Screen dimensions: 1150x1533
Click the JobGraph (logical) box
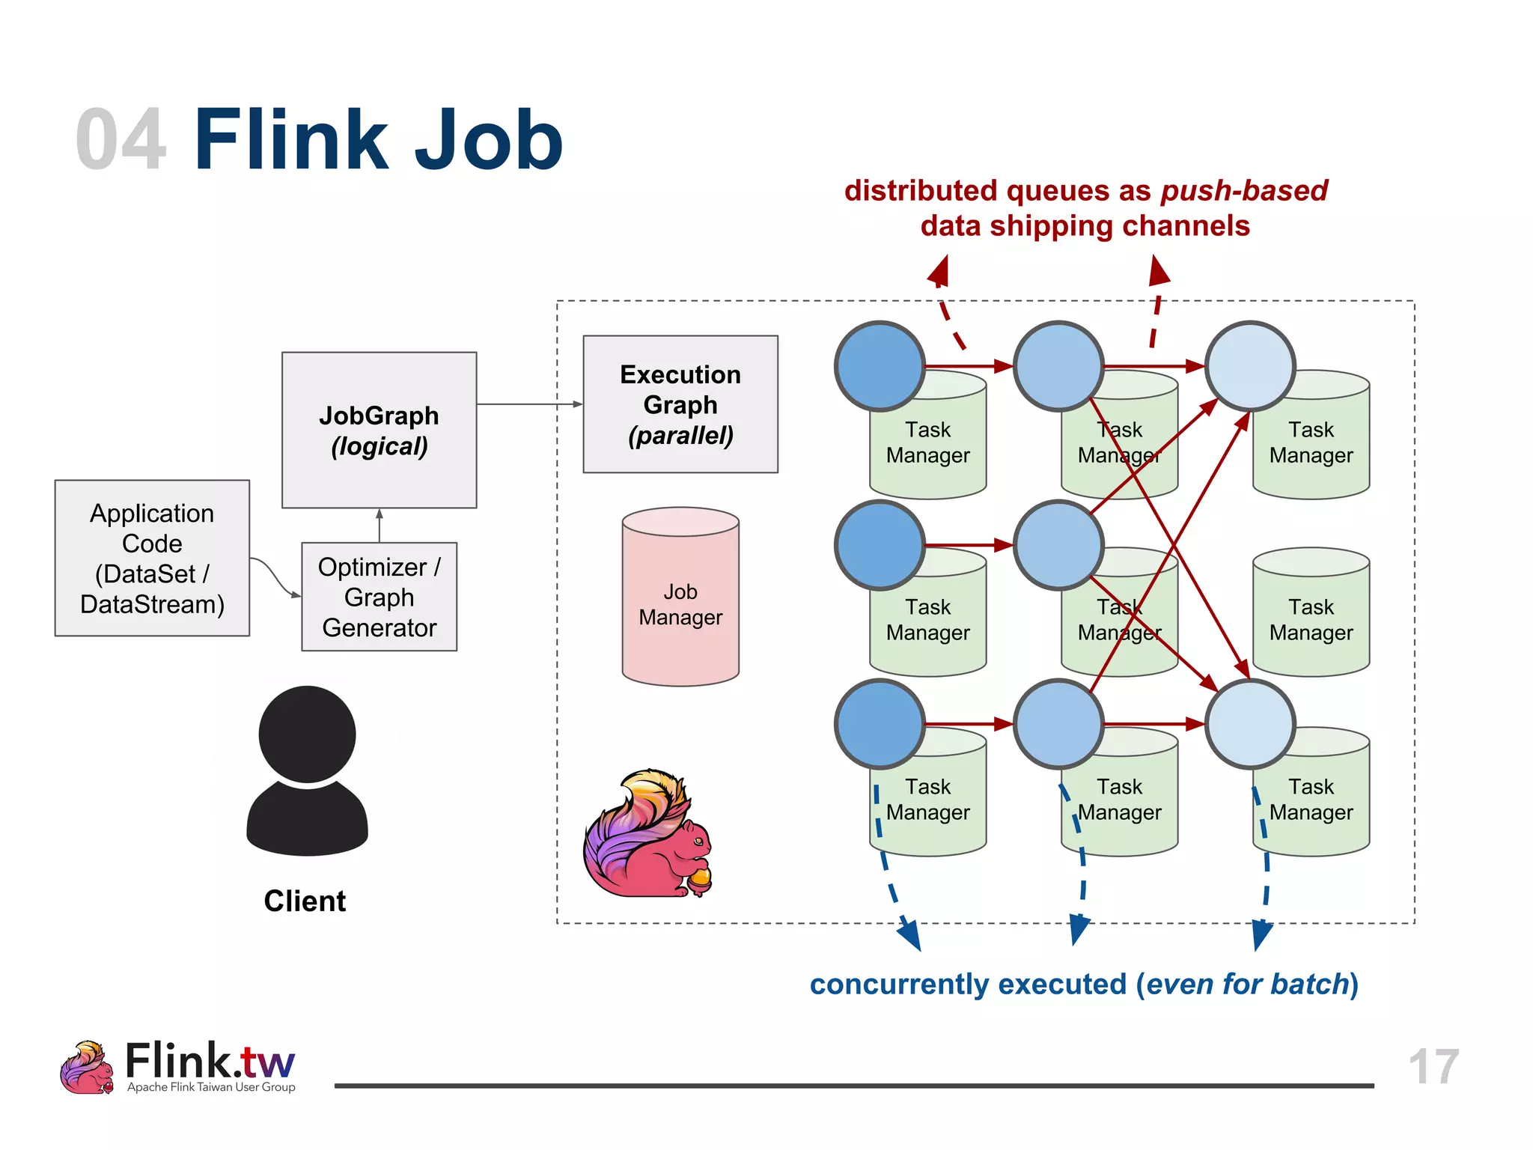(379, 430)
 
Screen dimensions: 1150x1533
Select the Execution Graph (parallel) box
(680, 404)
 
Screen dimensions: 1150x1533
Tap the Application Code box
(152, 558)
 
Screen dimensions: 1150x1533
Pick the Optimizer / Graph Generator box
(379, 597)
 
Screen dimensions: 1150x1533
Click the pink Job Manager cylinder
(680, 599)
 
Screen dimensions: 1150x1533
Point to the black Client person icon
(307, 771)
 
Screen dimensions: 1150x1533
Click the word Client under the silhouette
(305, 901)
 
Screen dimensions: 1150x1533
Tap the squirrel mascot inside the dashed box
(648, 835)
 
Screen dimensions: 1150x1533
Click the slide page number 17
(1433, 1066)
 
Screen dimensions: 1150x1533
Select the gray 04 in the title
(121, 140)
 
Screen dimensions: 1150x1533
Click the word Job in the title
(488, 140)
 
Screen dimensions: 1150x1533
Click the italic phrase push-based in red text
(1244, 191)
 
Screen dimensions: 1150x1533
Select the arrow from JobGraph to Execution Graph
(528, 404)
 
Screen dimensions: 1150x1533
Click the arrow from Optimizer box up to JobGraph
(380, 526)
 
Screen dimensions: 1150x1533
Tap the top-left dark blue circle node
(880, 366)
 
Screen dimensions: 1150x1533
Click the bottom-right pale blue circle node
(1249, 724)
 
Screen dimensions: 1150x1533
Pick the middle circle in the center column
(1058, 545)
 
